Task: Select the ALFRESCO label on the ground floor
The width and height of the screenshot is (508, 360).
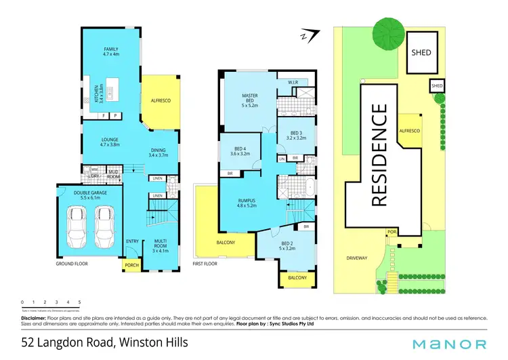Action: tap(161, 100)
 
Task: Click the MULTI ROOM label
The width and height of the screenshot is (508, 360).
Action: tap(161, 245)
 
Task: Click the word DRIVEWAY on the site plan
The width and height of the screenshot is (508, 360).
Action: tap(357, 258)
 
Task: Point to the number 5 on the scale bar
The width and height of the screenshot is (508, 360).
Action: tap(80, 302)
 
